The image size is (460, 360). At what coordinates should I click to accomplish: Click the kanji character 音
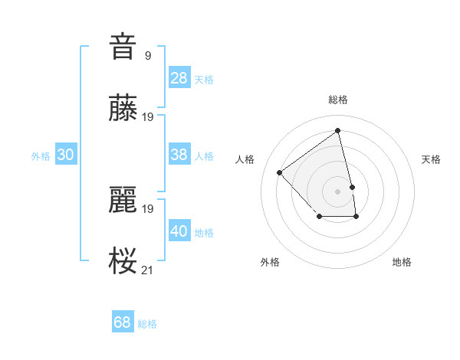click(123, 46)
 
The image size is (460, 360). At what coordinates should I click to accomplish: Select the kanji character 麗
click(123, 200)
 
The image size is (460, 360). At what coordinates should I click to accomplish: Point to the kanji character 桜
click(123, 261)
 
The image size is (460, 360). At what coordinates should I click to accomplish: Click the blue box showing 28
click(179, 78)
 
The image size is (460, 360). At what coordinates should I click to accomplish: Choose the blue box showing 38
click(179, 155)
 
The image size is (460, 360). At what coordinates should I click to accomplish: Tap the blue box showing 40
click(179, 231)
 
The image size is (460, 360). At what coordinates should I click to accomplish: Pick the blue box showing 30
click(66, 155)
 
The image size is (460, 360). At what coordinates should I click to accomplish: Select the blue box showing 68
click(123, 322)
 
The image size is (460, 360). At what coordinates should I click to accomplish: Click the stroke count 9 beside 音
click(148, 55)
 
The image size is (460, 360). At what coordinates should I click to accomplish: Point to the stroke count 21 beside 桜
click(148, 270)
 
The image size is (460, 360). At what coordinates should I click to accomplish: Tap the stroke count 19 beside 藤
click(148, 117)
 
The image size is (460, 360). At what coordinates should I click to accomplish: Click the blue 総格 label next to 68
click(147, 324)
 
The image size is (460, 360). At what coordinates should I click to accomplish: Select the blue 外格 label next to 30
click(41, 156)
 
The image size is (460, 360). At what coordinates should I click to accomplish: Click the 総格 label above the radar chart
click(338, 100)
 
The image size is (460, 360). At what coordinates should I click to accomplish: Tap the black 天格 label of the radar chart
click(431, 159)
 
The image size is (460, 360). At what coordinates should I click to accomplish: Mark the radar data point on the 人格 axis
click(280, 172)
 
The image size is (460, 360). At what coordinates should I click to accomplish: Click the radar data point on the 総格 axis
click(338, 130)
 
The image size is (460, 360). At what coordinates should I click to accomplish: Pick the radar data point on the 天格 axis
click(352, 187)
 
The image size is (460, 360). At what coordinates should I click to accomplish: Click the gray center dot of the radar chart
click(338, 191)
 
